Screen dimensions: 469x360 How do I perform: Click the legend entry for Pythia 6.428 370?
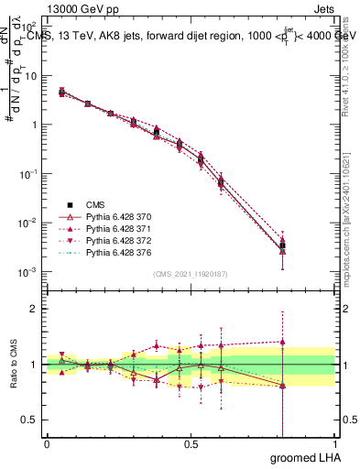point(102,215)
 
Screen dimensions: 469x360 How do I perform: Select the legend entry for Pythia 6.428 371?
point(102,226)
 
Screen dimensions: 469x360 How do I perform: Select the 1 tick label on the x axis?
point(334,443)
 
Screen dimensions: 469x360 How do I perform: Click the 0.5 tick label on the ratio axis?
point(30,420)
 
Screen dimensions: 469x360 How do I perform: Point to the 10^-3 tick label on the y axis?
point(27,272)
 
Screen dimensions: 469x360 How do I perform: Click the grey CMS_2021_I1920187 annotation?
point(191,274)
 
